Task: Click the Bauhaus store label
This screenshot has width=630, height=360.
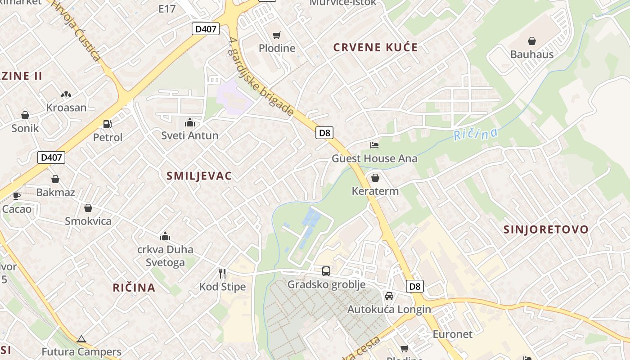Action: tap(531, 54)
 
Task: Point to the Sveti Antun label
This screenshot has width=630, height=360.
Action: tap(190, 135)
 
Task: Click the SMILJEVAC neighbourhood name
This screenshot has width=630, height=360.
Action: tap(199, 176)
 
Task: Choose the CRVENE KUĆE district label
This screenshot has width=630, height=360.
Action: tap(375, 47)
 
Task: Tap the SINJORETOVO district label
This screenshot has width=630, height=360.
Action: tap(545, 229)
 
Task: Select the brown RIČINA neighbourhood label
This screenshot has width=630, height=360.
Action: tap(134, 288)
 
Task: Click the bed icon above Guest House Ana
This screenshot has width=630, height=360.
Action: tap(374, 145)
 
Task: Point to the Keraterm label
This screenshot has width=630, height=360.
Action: tap(375, 191)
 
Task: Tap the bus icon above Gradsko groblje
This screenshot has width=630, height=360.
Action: tap(326, 271)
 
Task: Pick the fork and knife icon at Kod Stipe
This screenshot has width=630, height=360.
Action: tap(222, 274)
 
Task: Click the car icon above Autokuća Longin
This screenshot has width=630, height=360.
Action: tap(389, 296)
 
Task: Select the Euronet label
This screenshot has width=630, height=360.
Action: tap(452, 334)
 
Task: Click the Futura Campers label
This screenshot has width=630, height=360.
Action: tap(81, 352)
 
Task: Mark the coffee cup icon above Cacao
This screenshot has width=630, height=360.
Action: tap(17, 196)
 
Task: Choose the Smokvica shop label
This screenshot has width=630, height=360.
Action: tap(88, 221)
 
